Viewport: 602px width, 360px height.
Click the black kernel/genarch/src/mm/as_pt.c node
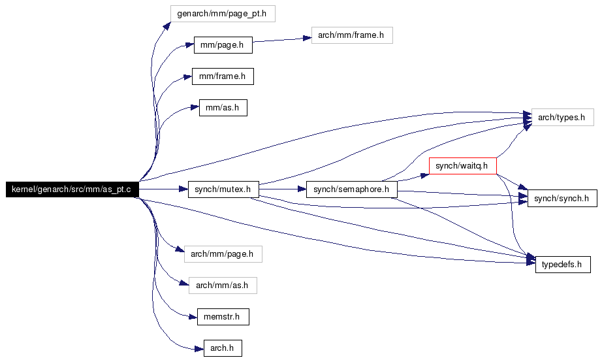coord(72,189)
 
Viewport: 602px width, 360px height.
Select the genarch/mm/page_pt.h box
coord(223,14)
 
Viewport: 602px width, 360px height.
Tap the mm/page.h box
coord(223,45)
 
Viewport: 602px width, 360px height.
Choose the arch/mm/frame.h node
coord(352,35)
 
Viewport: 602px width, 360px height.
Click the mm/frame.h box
coord(223,76)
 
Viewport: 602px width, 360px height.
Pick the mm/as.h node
coord(223,108)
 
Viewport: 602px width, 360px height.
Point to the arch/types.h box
coord(562,117)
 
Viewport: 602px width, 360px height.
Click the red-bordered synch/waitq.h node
coord(463,165)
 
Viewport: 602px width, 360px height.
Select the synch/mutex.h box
coord(223,189)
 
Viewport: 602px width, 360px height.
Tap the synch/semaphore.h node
coord(352,189)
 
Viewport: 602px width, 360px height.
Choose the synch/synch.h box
coord(562,198)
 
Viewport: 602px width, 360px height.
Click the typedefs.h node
coord(563,265)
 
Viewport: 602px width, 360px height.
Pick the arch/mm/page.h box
coord(223,254)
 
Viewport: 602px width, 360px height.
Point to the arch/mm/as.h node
coord(223,286)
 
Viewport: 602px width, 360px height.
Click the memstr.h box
coord(223,317)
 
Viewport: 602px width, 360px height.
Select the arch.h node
coord(223,348)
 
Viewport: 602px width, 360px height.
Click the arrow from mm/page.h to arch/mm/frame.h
coord(282,40)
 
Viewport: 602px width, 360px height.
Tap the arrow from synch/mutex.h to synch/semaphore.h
coord(283,189)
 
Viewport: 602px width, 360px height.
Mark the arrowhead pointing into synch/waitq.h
coord(424,176)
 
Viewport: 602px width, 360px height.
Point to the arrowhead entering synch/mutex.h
coord(183,189)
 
